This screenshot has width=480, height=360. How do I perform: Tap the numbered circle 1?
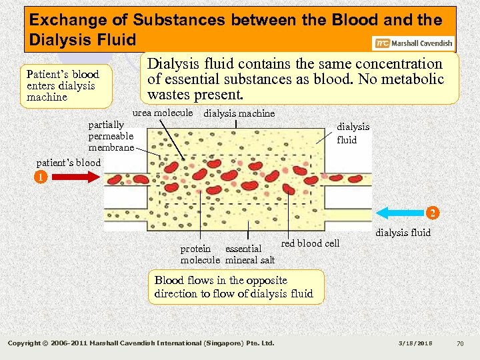[x=41, y=178]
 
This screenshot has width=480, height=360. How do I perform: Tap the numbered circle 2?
[x=433, y=213]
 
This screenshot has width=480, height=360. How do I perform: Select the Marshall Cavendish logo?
[x=414, y=43]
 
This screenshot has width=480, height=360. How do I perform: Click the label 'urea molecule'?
[x=163, y=113]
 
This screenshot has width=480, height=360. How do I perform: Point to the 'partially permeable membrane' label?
[x=111, y=136]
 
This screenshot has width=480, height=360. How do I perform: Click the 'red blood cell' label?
[x=310, y=243]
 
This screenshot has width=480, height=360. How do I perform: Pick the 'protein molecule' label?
[x=200, y=254]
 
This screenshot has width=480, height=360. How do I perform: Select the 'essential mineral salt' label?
[x=250, y=254]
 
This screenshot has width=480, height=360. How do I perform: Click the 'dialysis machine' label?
[x=239, y=113]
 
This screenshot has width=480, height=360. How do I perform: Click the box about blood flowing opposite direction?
[x=235, y=287]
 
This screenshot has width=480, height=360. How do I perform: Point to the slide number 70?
[x=460, y=343]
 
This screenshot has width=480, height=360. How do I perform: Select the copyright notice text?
[x=141, y=343]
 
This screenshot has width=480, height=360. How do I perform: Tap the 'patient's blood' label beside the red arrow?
[x=69, y=163]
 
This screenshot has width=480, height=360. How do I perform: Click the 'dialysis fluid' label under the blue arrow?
[x=403, y=233]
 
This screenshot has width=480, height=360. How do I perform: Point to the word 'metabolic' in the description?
[x=413, y=79]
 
